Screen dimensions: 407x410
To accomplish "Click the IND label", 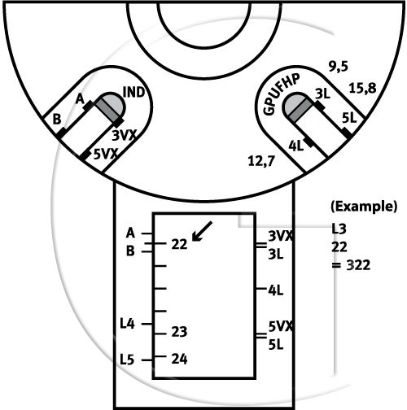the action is click(x=133, y=92).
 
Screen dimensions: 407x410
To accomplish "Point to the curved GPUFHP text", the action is click(x=282, y=94).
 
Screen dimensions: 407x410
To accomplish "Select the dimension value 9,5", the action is click(x=338, y=67).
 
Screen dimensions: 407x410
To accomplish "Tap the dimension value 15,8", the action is click(x=362, y=89).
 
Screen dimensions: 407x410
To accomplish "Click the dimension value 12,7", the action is click(x=261, y=161).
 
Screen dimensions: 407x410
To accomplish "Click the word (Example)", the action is click(x=364, y=207).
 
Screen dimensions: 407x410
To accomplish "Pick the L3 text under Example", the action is click(x=339, y=229).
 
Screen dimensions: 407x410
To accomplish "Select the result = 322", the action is click(x=351, y=265).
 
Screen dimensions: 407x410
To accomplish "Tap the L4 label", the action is click(x=127, y=324).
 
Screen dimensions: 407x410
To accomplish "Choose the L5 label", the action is click(x=127, y=360).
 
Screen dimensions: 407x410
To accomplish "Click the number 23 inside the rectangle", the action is click(x=179, y=332).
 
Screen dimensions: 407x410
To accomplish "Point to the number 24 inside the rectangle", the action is click(x=179, y=359).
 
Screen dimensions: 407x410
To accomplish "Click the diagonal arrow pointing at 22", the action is click(x=202, y=231).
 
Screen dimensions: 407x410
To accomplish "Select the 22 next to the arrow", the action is click(x=179, y=244).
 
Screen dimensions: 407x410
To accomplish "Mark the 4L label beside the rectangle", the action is click(x=276, y=290).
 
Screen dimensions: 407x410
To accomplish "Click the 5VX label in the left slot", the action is click(x=106, y=154).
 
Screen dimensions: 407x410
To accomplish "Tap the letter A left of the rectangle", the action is click(x=130, y=233).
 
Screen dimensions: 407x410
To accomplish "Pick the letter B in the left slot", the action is click(x=57, y=120).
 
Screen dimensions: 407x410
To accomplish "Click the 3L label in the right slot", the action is click(x=322, y=94).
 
